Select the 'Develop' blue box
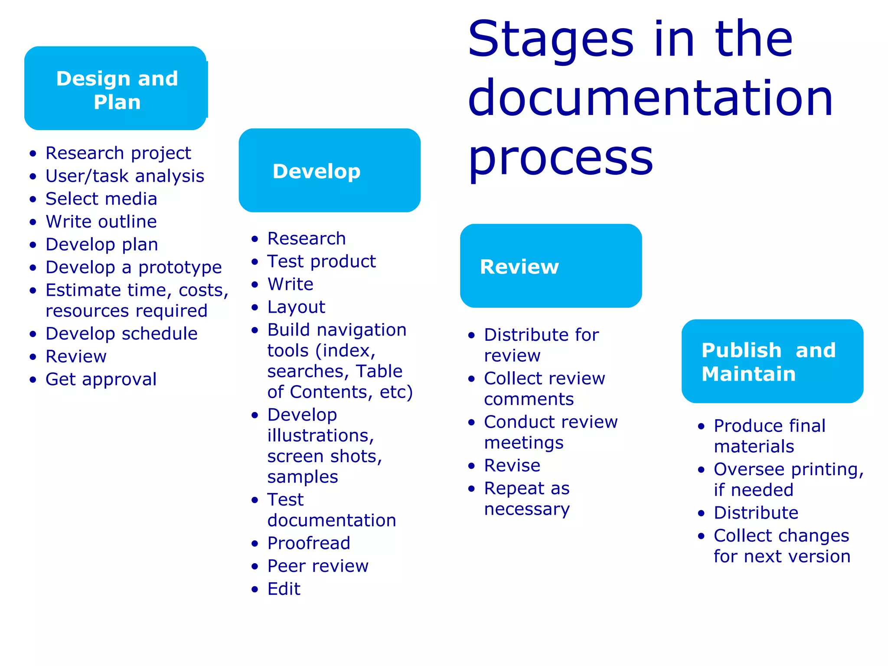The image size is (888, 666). pyautogui.click(x=330, y=170)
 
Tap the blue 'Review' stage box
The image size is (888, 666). pyautogui.click(x=551, y=266)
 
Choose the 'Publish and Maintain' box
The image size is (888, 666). pyautogui.click(x=772, y=361)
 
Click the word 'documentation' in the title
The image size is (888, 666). pyautogui.click(x=650, y=98)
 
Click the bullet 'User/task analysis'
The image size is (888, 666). pyautogui.click(x=125, y=176)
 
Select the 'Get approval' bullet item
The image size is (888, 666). pyautogui.click(x=101, y=379)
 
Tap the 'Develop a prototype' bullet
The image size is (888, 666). pyautogui.click(x=134, y=267)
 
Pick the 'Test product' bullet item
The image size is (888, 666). pyautogui.click(x=321, y=261)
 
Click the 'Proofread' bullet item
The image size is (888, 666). pyautogui.click(x=309, y=543)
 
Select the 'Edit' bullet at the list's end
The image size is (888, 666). pyautogui.click(x=284, y=589)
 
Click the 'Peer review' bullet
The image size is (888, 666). pyautogui.click(x=318, y=566)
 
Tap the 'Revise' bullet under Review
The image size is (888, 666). pyautogui.click(x=512, y=466)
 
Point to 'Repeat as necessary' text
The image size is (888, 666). pyautogui.click(x=527, y=499)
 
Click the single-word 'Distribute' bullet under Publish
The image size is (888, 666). pyautogui.click(x=756, y=513)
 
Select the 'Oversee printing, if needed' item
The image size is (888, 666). pyautogui.click(x=788, y=480)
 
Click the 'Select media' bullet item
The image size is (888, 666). pyautogui.click(x=101, y=199)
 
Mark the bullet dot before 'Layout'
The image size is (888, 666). pyautogui.click(x=255, y=307)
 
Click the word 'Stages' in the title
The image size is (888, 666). pyautogui.click(x=551, y=40)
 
